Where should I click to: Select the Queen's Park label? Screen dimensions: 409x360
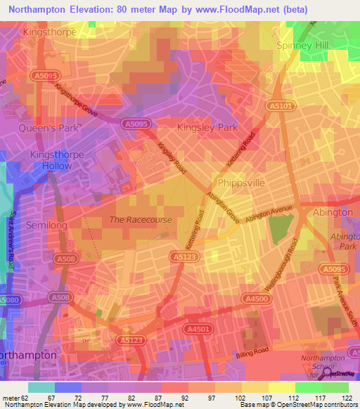point(51,127)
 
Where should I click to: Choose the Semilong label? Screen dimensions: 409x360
point(46,225)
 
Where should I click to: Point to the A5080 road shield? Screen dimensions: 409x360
point(9,301)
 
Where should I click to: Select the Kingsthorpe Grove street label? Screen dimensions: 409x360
point(79,101)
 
